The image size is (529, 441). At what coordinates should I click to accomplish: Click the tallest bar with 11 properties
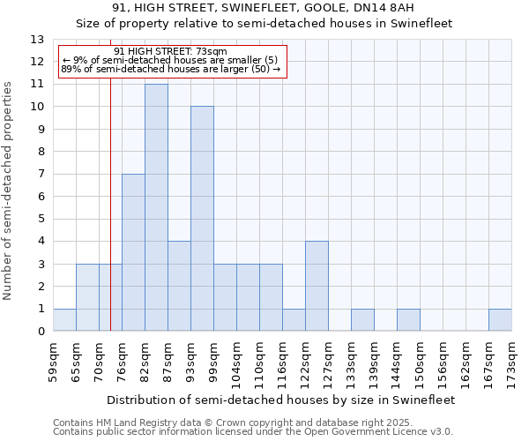tap(156, 207)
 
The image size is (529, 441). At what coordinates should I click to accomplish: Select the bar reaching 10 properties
tap(202, 219)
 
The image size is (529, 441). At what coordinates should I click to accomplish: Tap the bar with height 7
tap(133, 252)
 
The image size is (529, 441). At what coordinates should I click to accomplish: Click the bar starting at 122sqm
tap(317, 286)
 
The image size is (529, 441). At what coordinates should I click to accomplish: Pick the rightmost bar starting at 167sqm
tap(500, 320)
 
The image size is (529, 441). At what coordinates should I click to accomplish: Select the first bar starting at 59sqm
tap(64, 320)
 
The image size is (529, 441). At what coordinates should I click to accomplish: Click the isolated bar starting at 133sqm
tap(362, 320)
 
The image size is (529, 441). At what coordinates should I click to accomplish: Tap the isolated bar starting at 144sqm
tap(408, 320)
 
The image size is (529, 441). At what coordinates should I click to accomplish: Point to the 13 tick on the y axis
tap(37, 40)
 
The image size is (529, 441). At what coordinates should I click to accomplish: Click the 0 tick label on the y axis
tap(41, 332)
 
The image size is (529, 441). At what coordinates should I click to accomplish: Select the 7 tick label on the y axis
tap(41, 175)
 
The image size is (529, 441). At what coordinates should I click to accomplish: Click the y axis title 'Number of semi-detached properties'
tap(9, 191)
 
